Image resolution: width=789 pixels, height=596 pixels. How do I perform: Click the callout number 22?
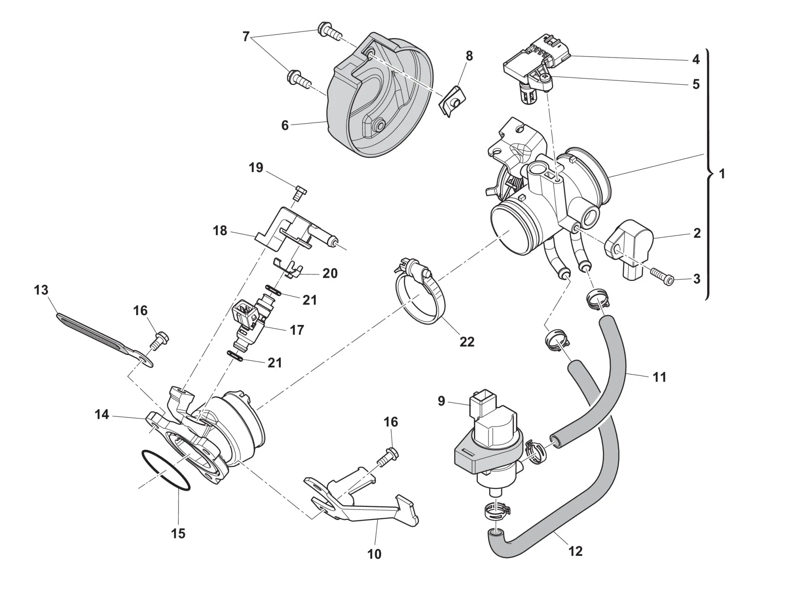(x=467, y=342)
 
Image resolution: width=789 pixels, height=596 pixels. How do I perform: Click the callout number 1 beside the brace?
(x=722, y=174)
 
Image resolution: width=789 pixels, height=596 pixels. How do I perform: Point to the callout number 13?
(x=41, y=290)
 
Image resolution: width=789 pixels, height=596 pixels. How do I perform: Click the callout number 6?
(x=285, y=125)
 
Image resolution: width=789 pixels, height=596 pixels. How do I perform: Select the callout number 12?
(x=576, y=551)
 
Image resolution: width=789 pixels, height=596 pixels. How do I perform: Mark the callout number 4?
(x=696, y=59)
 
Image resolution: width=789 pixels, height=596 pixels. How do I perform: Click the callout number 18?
(x=220, y=231)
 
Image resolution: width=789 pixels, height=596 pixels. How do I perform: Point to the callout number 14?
(x=102, y=414)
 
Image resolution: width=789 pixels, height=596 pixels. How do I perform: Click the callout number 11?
(x=660, y=377)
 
